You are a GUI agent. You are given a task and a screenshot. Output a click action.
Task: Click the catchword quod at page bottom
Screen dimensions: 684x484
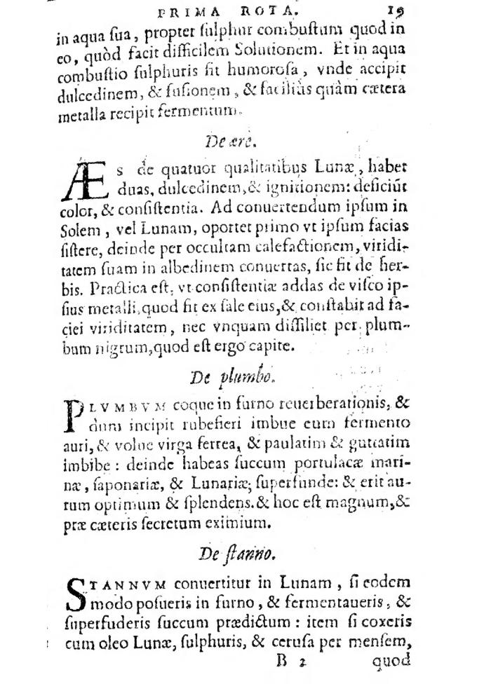coord(391,661)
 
